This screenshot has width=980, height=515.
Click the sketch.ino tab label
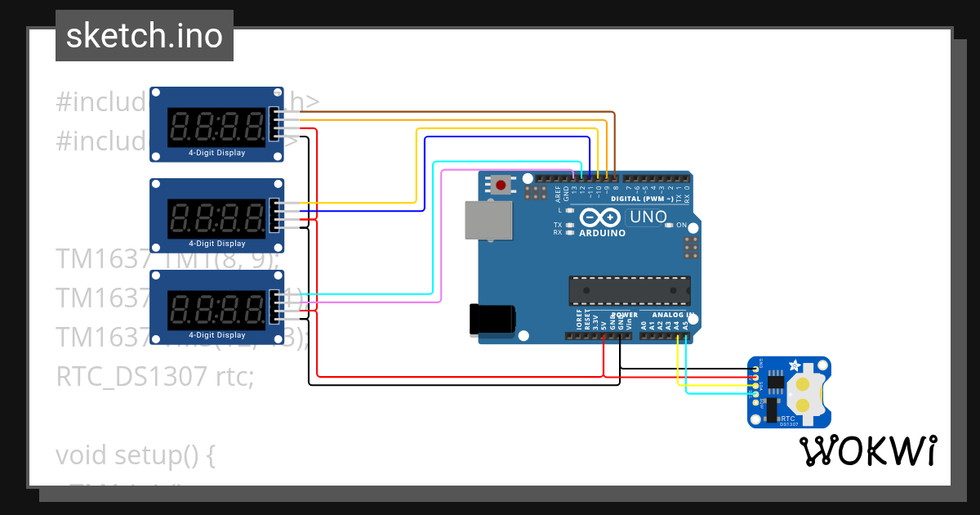[144, 36]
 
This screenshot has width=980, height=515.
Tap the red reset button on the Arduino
[501, 185]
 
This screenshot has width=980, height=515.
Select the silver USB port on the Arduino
[488, 220]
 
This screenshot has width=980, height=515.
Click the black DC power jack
[492, 319]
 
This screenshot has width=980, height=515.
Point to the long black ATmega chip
[629, 289]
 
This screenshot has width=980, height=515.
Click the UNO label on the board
[648, 217]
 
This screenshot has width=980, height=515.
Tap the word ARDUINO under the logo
[602, 233]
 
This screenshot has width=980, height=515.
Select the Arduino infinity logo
[601, 217]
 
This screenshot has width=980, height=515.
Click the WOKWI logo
[867, 450]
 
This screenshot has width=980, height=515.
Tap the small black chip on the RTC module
[775, 382]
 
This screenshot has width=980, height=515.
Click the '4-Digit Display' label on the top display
[216, 153]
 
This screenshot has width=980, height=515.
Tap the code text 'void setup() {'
[135, 455]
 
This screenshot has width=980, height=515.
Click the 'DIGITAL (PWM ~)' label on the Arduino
[641, 199]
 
